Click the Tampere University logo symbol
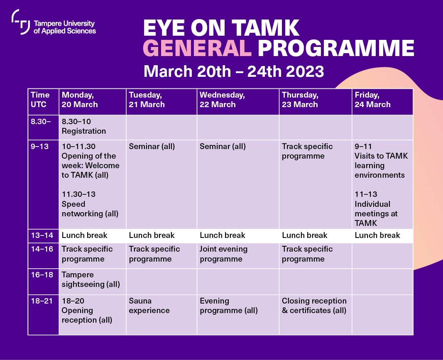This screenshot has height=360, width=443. click(x=21, y=22)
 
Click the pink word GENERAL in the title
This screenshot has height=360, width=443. click(x=197, y=49)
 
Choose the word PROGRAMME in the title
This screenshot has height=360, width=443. click(x=335, y=49)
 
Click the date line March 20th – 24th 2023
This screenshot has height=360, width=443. click(x=233, y=71)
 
